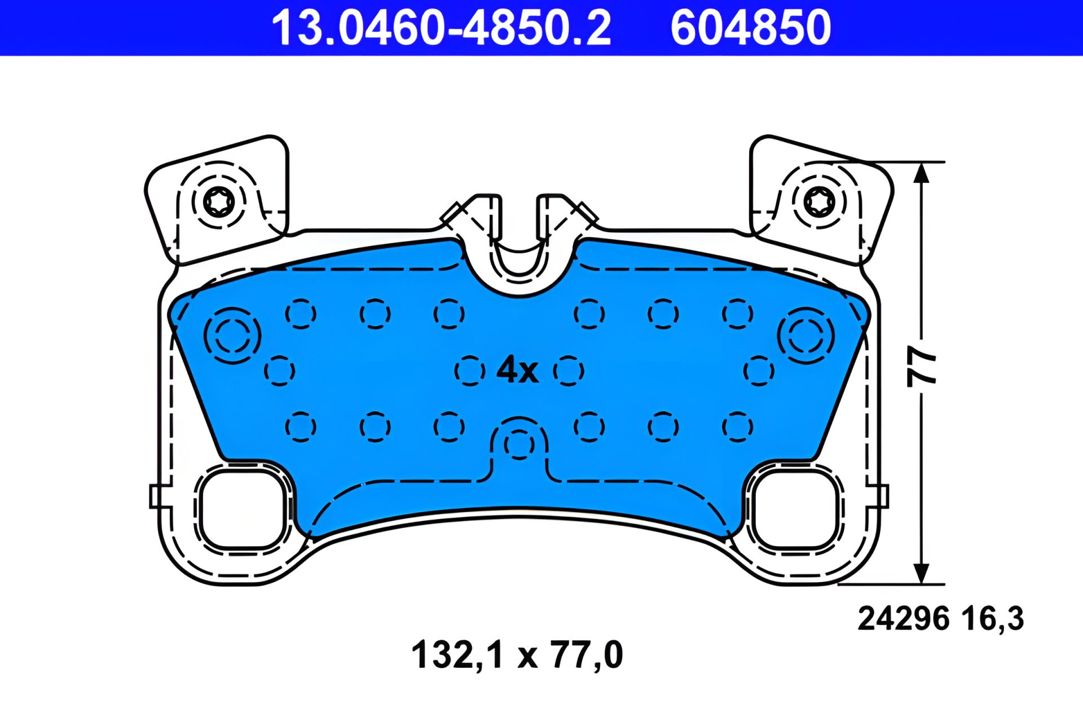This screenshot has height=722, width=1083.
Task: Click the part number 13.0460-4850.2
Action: pos(441,28)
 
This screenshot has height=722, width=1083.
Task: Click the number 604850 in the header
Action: pos(750,28)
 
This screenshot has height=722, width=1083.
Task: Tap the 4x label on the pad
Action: pos(517,370)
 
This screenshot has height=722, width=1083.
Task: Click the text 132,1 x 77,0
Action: pos(517,655)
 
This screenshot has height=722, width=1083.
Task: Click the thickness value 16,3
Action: pos(993,619)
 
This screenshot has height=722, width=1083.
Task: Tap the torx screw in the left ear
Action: pos(218,202)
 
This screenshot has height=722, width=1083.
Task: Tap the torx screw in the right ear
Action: pos(818,202)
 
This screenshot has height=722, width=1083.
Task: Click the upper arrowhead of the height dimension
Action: pos(921,173)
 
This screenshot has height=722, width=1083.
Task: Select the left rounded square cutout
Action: pos(241,510)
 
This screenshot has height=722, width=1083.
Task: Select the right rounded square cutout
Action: pos(795,510)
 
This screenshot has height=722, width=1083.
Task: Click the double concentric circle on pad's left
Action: pos(232,336)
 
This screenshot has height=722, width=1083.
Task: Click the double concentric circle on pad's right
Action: pos(805,336)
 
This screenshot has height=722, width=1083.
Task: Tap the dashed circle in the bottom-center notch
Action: pos(519,444)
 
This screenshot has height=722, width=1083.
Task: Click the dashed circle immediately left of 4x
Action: pos(469,371)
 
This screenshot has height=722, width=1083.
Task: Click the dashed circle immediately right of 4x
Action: pos(569,371)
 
